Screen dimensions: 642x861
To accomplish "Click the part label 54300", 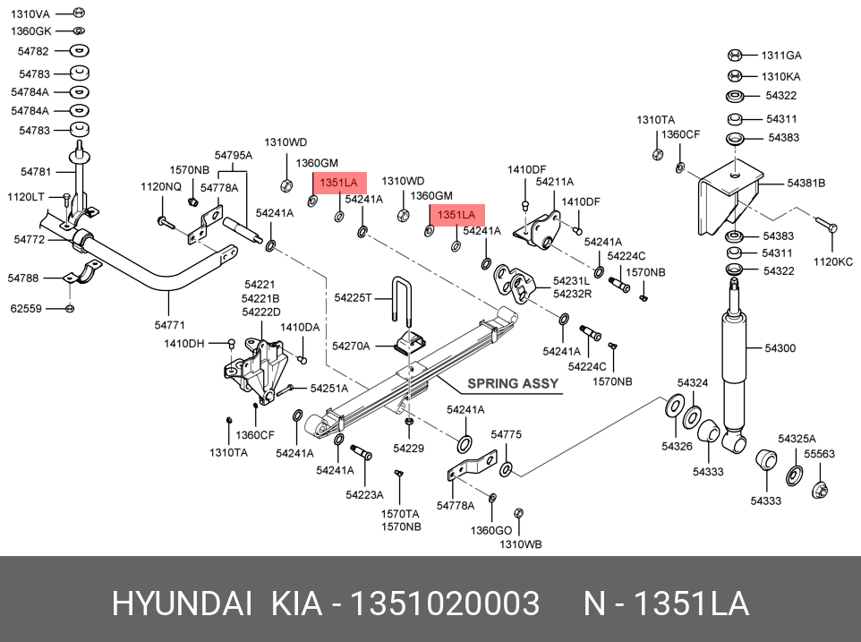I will tap(779, 347).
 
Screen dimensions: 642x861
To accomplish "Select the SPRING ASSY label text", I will tap(512, 383).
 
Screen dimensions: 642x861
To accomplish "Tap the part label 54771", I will tap(169, 324).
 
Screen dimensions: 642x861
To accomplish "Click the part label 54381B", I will tap(806, 183).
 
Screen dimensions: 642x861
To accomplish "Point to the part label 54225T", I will tap(352, 297).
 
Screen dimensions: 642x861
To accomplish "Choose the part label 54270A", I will tap(350, 345).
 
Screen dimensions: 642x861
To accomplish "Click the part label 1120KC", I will tap(833, 261).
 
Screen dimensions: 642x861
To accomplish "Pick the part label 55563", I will tap(819, 454).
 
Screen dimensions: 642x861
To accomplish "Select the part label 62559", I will tap(25, 309).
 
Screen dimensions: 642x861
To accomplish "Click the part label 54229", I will tap(408, 447).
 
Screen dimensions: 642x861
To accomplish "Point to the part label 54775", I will tap(505, 434).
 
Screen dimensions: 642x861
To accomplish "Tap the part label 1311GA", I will tap(781, 56).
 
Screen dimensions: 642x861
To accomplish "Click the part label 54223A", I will tap(364, 494).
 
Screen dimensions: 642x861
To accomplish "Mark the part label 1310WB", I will tap(520, 544).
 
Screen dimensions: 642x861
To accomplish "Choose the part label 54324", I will tap(692, 382).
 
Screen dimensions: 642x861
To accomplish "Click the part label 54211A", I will tap(554, 182).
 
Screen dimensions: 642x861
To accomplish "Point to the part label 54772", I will tap(30, 239).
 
